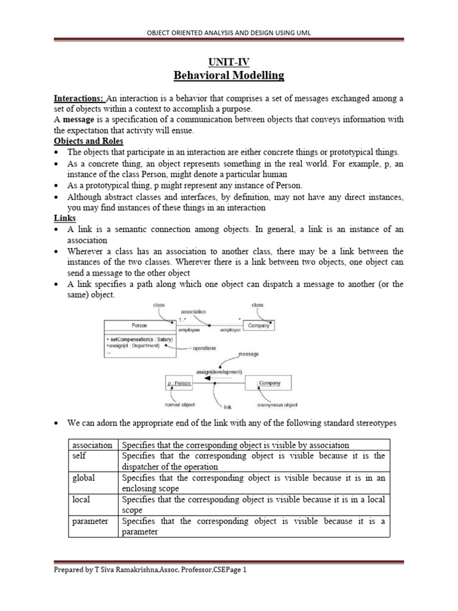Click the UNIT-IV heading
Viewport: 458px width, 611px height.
pos(229,61)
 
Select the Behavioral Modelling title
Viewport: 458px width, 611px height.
pos(229,75)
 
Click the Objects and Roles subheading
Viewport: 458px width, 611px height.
pos(88,141)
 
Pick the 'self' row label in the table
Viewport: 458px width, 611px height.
pos(79,456)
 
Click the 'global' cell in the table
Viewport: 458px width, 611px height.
pos(83,477)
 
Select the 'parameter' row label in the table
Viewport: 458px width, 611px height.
pos(90,521)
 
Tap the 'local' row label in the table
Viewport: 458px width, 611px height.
pos(81,499)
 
